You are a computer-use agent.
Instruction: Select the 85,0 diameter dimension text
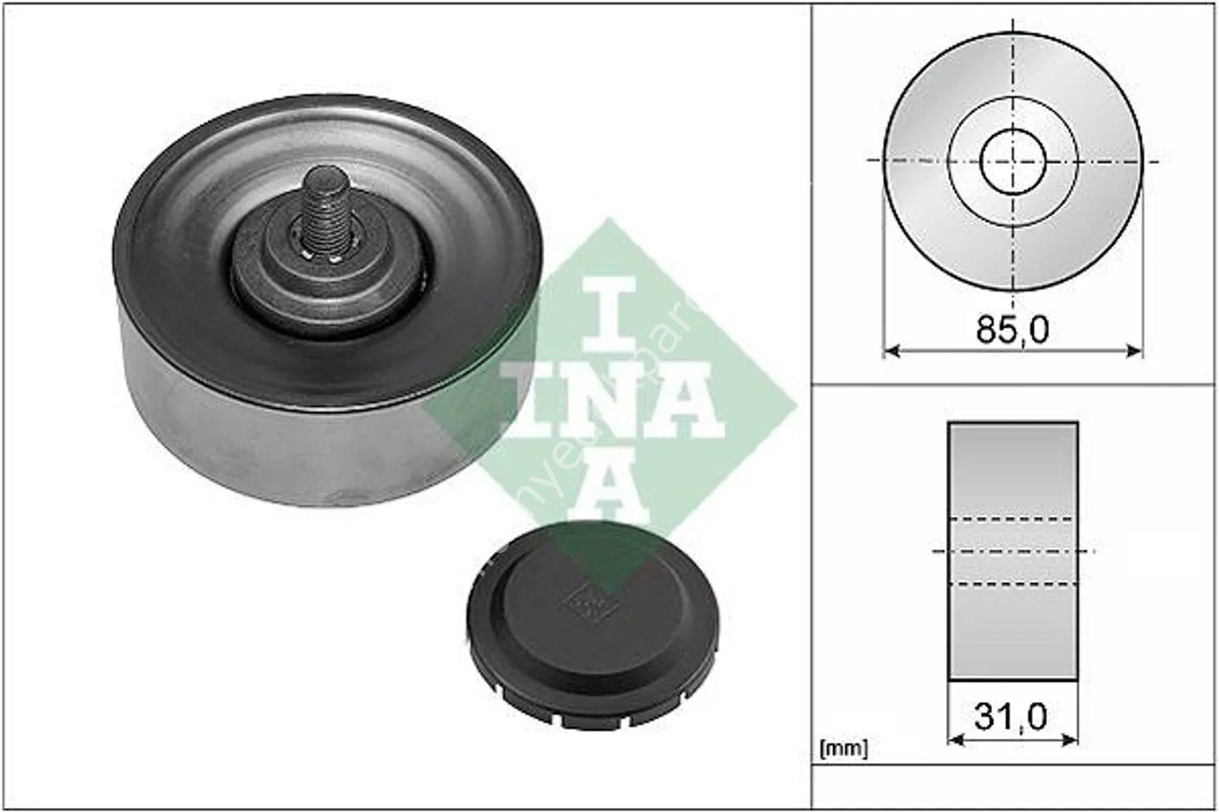click(1012, 329)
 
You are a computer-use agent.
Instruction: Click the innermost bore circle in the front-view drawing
click(1013, 160)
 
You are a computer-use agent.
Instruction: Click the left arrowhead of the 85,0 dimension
click(889, 351)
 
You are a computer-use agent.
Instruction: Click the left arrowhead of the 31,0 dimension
click(955, 740)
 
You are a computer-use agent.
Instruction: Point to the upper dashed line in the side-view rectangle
click(1013, 519)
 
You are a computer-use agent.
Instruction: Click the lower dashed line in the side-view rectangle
click(1013, 584)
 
